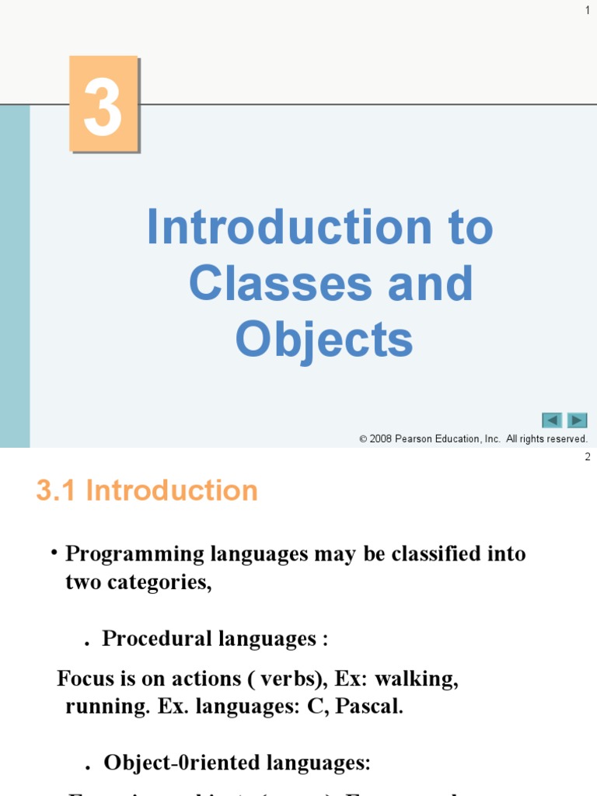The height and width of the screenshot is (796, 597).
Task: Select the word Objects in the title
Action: [324, 340]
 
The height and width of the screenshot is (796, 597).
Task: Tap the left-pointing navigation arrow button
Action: [552, 421]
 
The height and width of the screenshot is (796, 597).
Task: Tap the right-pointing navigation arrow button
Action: [577, 421]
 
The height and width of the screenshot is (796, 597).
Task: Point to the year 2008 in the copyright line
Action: [380, 439]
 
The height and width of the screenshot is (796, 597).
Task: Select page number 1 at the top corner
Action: [588, 9]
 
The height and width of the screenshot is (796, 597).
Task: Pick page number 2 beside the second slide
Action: [588, 457]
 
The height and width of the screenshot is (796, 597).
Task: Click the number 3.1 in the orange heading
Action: [58, 491]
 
